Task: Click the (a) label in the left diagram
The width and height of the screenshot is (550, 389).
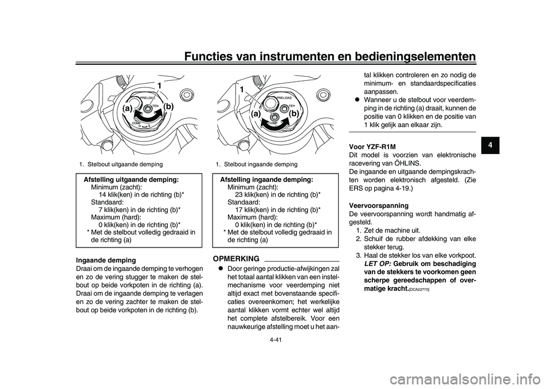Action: (x=127, y=107)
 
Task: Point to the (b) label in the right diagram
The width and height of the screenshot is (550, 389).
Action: (x=294, y=113)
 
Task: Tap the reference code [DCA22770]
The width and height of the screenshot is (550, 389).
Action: (x=420, y=291)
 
